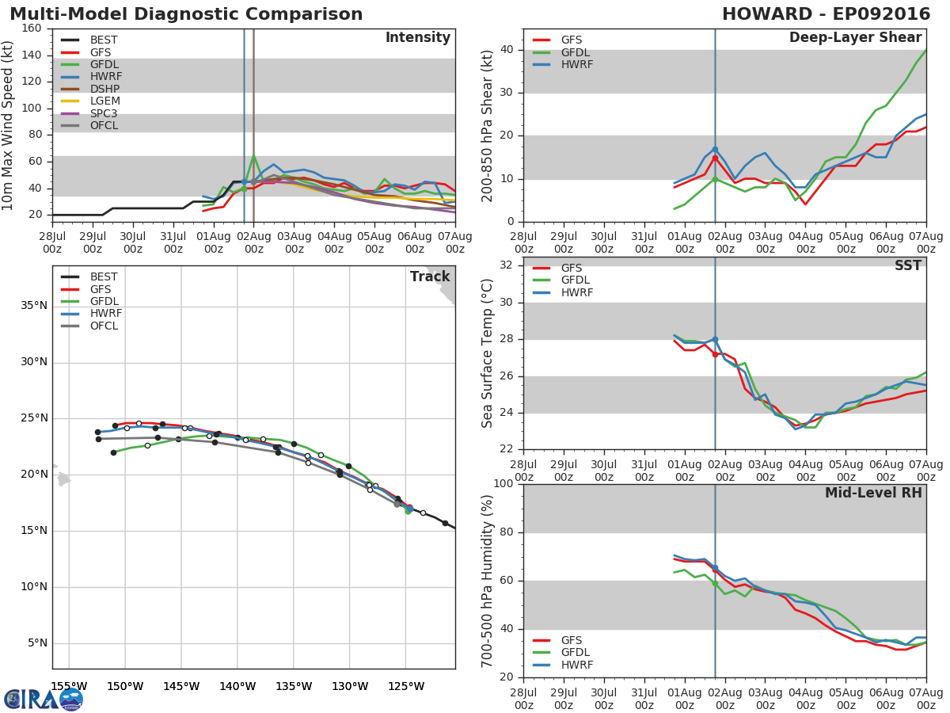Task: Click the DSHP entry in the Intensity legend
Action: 104,89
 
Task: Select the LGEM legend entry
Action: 105,101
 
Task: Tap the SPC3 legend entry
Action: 104,113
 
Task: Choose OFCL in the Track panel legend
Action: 104,326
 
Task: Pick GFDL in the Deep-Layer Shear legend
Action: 576,52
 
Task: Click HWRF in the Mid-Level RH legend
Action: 577,665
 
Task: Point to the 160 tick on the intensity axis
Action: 32,29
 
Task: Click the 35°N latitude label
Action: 34,306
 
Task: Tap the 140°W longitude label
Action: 237,686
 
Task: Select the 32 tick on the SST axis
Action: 507,265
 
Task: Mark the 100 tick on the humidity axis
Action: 503,483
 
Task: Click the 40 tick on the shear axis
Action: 507,49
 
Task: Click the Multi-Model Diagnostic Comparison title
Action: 186,14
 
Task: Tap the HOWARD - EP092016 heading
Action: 826,13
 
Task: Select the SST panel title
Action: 908,265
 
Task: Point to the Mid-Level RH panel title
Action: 873,493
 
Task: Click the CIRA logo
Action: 44,700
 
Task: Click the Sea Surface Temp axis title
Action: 487,353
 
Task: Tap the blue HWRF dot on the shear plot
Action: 715,150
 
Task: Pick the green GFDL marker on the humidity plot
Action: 715,584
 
